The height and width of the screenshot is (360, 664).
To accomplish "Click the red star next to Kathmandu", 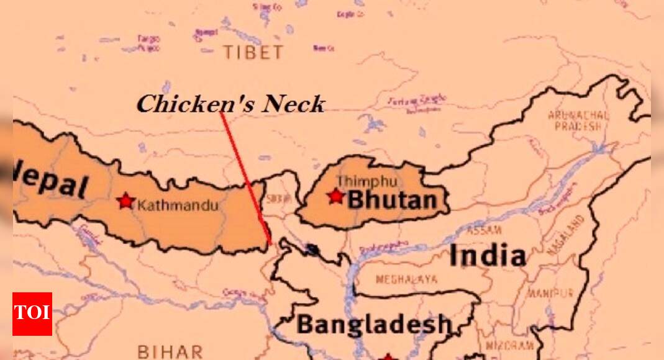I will point(125,200).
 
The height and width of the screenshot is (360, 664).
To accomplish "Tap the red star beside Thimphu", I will point(335,196).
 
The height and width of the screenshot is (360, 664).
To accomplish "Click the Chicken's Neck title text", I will point(230,104).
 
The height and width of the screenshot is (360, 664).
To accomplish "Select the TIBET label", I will point(253,53).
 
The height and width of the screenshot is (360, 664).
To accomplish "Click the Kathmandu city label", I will point(178,204).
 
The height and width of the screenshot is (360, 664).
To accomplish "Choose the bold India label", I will point(487,255).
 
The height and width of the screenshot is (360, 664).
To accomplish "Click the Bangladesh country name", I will point(373,324).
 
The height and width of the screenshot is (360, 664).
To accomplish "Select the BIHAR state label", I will point(170,351).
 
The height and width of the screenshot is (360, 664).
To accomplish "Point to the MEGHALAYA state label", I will point(406,279).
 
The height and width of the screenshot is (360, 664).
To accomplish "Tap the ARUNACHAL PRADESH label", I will point(578,120).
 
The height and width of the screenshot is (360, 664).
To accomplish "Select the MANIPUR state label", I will point(550,293).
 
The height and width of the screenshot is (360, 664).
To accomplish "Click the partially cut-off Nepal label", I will point(52,183).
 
